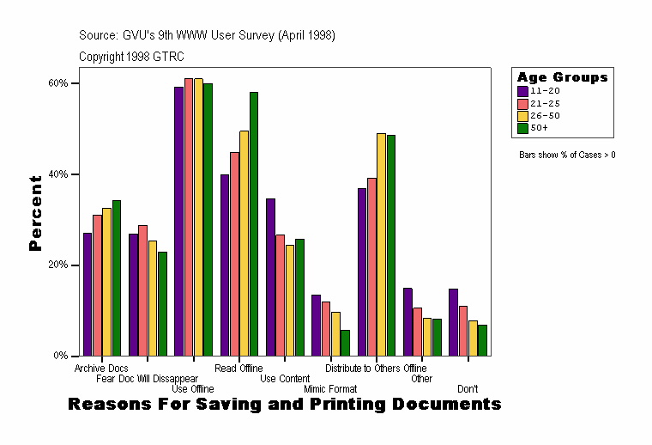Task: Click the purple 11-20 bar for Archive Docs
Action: click(88, 294)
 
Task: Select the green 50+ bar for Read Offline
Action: click(254, 223)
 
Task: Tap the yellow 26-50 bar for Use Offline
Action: click(198, 216)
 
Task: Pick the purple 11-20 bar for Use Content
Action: click(270, 277)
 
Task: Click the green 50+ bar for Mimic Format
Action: click(345, 343)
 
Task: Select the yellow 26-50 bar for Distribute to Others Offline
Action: click(382, 244)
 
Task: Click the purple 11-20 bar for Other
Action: click(407, 321)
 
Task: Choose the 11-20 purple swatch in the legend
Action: click(522, 89)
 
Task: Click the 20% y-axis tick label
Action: click(59, 265)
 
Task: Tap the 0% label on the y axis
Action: click(62, 356)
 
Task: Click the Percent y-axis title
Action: click(35, 212)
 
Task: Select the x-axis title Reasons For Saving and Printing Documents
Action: click(283, 404)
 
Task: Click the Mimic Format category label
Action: click(330, 389)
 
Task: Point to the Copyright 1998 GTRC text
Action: click(131, 57)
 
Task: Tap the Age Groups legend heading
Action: click(562, 76)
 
